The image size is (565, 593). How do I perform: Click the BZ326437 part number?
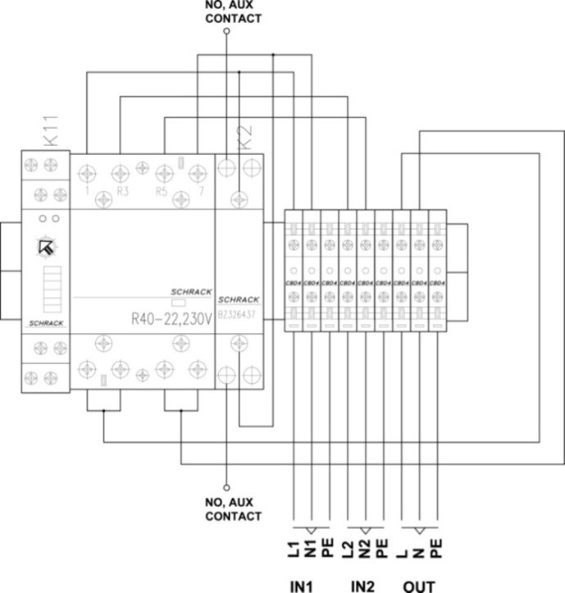pyautogui.click(x=239, y=313)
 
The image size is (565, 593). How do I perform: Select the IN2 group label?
pyautogui.click(x=363, y=584)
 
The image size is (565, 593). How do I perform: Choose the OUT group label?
pyautogui.click(x=419, y=584)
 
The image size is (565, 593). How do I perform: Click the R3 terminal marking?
pyautogui.click(x=123, y=190)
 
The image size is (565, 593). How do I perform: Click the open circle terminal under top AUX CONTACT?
pyautogui.click(x=227, y=30)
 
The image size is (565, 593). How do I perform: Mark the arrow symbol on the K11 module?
pyautogui.click(x=45, y=246)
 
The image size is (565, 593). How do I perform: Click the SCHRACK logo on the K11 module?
pyautogui.click(x=45, y=323)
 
